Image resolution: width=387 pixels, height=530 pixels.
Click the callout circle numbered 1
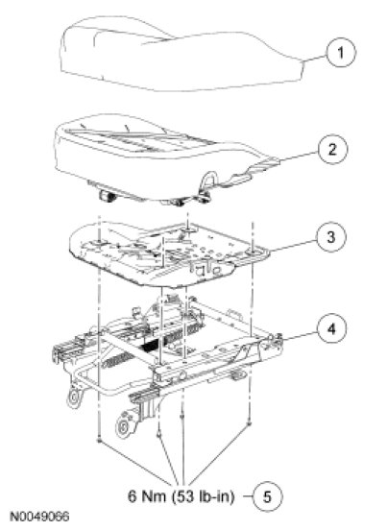(341, 53)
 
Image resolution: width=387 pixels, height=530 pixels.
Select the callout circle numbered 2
(332, 149)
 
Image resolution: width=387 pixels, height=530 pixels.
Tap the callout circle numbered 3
(331, 236)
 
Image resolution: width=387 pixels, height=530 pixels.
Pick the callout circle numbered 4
(331, 328)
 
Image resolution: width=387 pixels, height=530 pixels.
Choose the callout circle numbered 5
(267, 497)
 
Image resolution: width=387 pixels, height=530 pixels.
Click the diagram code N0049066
(39, 517)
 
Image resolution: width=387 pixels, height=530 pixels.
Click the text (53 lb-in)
(202, 496)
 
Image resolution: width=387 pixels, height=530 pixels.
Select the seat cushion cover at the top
(182, 54)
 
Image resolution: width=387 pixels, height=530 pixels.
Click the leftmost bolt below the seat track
(99, 440)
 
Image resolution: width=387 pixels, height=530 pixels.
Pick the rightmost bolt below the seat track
(249, 422)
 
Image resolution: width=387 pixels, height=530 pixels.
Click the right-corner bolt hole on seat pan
(254, 253)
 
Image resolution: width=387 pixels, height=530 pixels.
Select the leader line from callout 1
(314, 58)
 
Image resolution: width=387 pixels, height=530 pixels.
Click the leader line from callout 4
(300, 332)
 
